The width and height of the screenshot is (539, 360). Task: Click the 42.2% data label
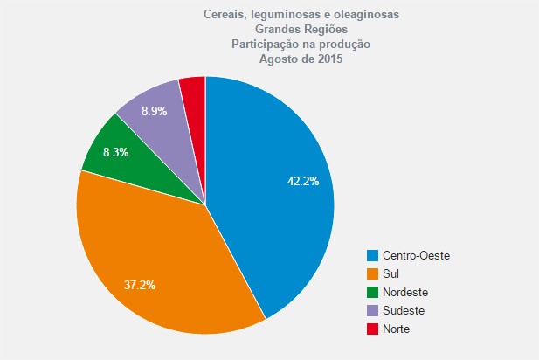(303, 181)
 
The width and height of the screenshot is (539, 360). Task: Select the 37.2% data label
(139, 286)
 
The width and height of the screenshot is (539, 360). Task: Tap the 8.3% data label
(115, 152)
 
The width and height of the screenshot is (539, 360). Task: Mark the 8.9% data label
(154, 111)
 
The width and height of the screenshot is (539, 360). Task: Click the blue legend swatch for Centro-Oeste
(373, 255)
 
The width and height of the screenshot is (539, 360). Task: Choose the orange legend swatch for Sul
(373, 273)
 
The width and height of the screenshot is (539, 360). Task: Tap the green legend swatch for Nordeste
(373, 292)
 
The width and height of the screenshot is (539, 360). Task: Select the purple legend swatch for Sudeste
(373, 310)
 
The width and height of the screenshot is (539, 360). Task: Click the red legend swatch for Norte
(373, 329)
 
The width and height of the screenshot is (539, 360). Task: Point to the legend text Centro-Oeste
(416, 255)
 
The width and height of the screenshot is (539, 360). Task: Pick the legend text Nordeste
(406, 292)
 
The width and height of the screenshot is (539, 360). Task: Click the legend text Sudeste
(404, 310)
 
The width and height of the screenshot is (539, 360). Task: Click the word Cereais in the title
(223, 15)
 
